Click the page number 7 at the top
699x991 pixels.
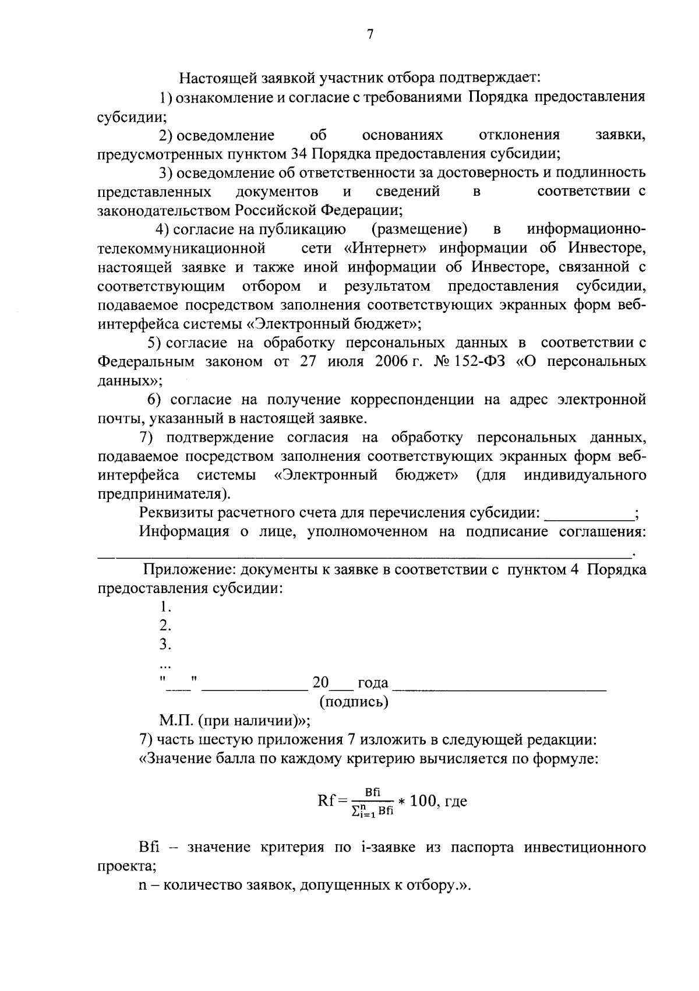coord(369,34)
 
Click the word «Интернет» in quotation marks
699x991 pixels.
coord(385,248)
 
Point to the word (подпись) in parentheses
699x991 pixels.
coord(354,701)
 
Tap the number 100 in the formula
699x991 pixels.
coord(422,801)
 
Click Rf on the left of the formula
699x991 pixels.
coord(326,801)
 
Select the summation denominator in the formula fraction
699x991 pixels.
coord(373,810)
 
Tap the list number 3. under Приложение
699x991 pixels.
coord(165,645)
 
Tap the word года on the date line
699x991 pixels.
coord(373,683)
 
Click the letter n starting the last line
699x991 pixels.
coord(143,886)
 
